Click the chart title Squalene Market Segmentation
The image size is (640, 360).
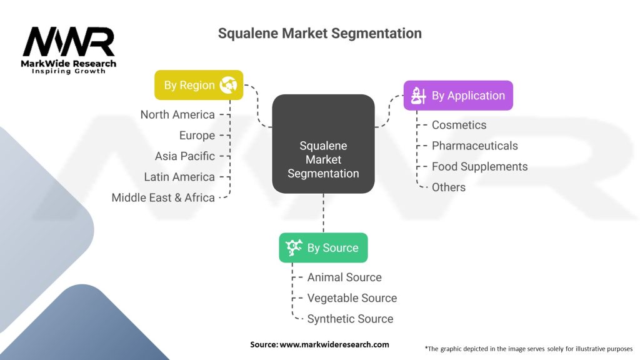point(319,33)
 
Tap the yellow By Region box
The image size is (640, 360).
point(198,85)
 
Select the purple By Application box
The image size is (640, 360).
point(457,96)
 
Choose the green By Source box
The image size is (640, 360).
point(323,247)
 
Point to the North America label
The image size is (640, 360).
point(177,114)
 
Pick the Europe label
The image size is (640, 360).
point(197,135)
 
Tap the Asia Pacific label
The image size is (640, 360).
point(185,156)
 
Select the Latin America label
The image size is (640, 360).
point(179,177)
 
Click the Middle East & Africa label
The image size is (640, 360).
point(163,197)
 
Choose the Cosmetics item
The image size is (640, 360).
point(459,125)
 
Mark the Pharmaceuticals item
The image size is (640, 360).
point(474,146)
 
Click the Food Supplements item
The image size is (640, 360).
point(479,166)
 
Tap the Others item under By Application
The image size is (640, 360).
point(448,187)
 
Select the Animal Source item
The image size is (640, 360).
point(344,277)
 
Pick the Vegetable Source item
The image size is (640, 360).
point(352,298)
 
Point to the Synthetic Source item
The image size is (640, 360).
point(350,319)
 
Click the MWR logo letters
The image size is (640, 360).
point(69,42)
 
